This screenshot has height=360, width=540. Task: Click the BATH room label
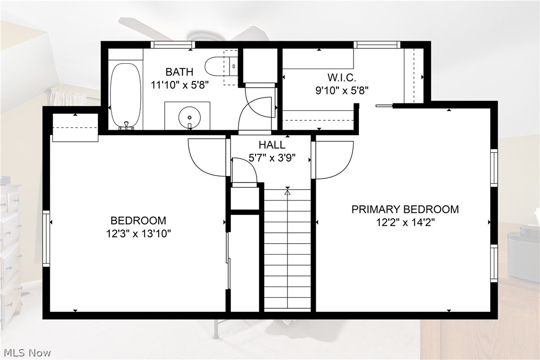(179, 72)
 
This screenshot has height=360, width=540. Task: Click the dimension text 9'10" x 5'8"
(343, 90)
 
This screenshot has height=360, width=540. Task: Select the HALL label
(272, 145)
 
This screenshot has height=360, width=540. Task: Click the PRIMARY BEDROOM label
(405, 209)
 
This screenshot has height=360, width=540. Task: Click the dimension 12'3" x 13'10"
(138, 233)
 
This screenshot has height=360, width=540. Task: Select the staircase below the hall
(287, 249)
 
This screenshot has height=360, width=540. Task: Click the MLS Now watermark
(26, 353)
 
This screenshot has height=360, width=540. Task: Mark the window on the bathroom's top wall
(173, 45)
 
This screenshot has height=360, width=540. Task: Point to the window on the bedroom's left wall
(46, 239)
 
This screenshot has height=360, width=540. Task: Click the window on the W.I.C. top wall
(377, 45)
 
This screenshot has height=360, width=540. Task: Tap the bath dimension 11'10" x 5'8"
(179, 85)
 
